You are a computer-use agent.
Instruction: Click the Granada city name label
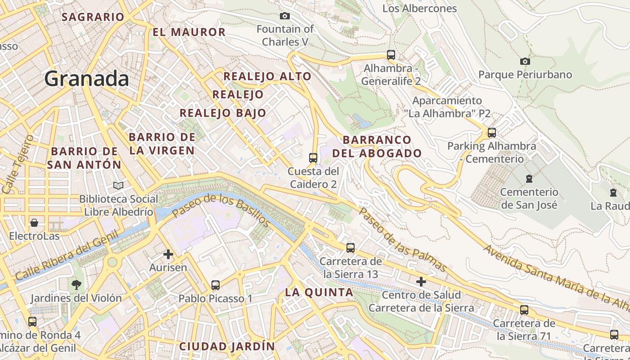click(x=87, y=79)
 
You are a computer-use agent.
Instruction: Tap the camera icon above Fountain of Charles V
click(x=285, y=16)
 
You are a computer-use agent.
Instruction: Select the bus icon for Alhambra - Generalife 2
click(x=391, y=55)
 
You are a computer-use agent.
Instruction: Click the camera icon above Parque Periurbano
click(x=525, y=61)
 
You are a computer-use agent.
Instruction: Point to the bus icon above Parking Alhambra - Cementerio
click(x=492, y=133)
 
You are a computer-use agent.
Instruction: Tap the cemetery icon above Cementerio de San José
click(x=529, y=179)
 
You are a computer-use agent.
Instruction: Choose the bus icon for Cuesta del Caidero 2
click(x=313, y=158)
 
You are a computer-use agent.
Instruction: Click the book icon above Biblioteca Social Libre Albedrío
click(x=118, y=185)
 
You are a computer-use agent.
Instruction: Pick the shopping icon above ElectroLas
click(x=34, y=223)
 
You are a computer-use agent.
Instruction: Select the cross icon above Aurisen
click(x=168, y=254)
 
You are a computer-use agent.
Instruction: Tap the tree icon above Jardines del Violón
click(x=76, y=284)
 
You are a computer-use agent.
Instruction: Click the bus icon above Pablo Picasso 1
click(x=216, y=285)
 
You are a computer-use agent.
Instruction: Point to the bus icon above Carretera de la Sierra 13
click(x=351, y=247)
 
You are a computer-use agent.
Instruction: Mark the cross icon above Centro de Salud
click(x=421, y=282)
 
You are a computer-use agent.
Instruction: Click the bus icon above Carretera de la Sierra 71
click(x=524, y=310)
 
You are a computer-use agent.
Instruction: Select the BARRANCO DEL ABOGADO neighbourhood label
click(x=377, y=146)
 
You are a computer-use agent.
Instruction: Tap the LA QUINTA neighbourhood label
click(x=319, y=292)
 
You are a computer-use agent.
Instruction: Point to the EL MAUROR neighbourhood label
click(x=189, y=32)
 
